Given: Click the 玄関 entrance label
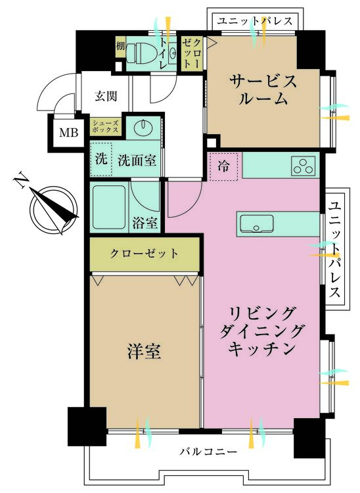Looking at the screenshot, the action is (106, 96).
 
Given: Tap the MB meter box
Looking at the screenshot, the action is (69, 133).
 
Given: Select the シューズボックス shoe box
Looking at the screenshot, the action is (105, 127).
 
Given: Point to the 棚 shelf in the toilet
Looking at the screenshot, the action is (120, 47).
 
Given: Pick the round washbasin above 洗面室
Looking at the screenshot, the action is (143, 127).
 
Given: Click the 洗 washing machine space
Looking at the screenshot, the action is (101, 160).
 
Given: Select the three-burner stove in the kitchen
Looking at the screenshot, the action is (303, 166).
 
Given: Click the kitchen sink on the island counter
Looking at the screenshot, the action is (256, 224).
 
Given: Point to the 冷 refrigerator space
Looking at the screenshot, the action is (223, 167).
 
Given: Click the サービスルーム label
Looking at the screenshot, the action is (263, 89).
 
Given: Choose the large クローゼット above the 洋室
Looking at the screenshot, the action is (145, 254).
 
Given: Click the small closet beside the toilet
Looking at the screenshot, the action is (192, 53).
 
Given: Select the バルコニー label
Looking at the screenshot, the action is (209, 452).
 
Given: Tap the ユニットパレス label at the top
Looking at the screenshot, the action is (255, 21).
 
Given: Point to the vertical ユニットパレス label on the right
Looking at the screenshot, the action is (334, 250).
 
